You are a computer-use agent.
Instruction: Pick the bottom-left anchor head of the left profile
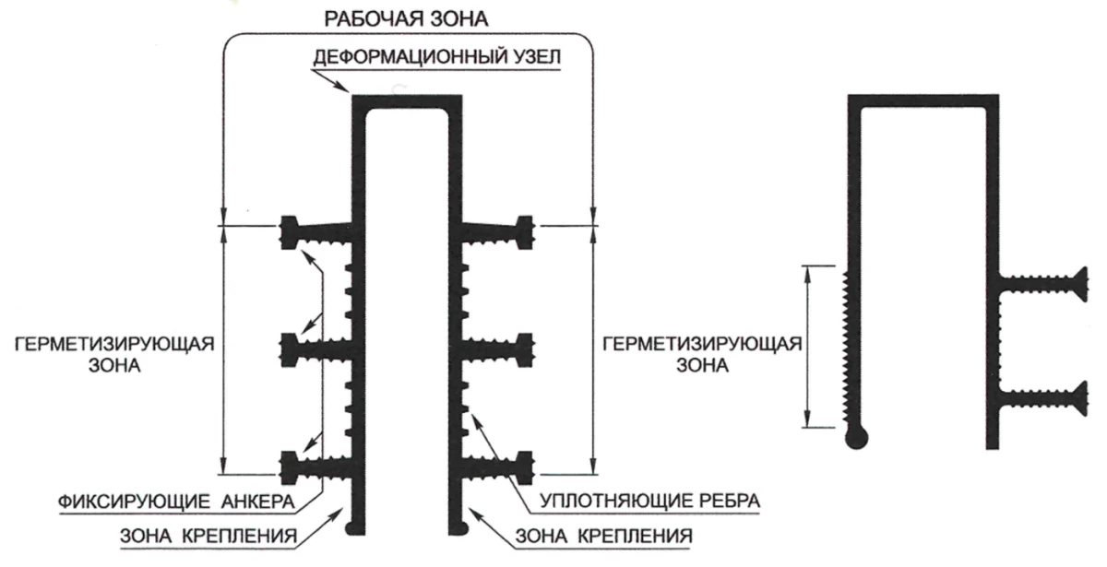[288, 464]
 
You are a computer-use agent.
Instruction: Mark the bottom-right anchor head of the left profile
[527, 464]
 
